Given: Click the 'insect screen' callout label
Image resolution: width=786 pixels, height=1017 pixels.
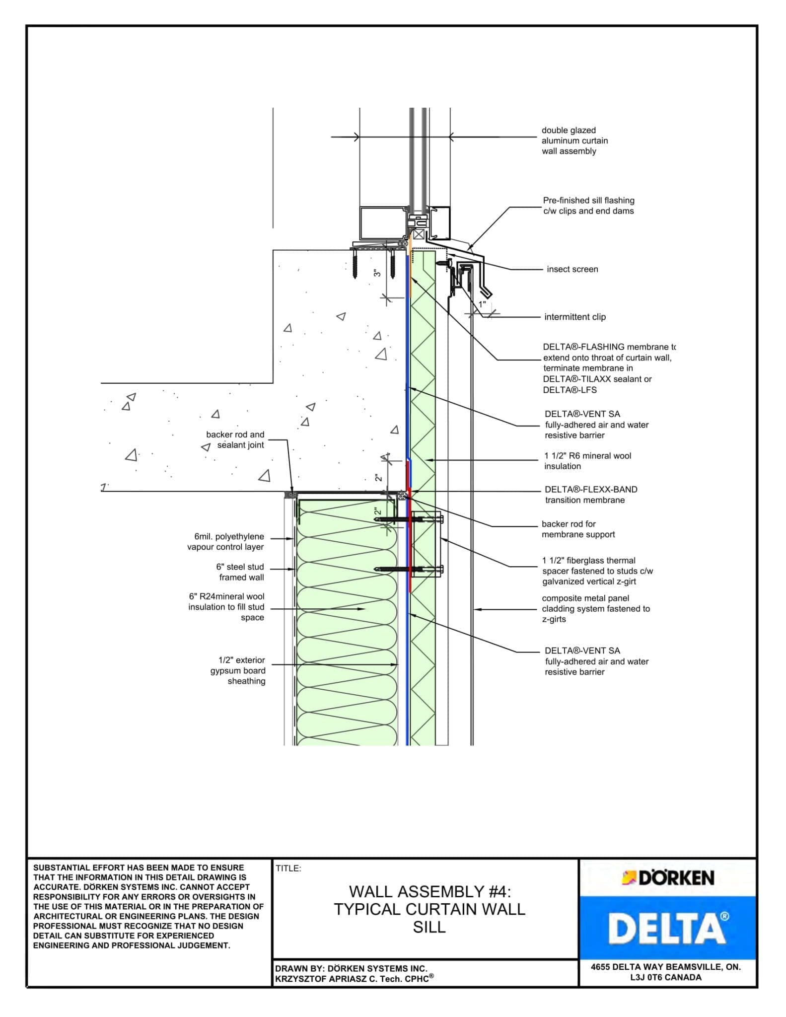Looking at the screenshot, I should (572, 269).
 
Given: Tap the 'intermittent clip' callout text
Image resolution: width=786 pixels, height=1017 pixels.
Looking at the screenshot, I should (574, 317).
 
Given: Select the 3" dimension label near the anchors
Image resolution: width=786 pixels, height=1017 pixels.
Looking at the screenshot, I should (377, 273).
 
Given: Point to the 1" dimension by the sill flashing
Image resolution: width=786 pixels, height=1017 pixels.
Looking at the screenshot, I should (482, 304).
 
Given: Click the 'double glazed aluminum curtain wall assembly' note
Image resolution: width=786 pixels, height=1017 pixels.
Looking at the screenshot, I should (574, 141).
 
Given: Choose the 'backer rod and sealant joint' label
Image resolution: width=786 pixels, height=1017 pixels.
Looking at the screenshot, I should (235, 439).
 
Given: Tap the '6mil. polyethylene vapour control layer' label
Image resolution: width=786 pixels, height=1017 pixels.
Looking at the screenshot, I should (226, 542).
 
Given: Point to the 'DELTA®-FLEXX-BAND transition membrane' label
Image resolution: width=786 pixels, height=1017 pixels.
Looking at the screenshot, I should (590, 495).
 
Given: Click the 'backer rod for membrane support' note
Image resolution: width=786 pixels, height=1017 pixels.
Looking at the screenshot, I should (578, 529).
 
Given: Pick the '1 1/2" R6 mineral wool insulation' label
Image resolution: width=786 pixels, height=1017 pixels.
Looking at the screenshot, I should (587, 461).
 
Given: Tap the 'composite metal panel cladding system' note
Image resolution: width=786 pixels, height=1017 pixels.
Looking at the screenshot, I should (595, 608).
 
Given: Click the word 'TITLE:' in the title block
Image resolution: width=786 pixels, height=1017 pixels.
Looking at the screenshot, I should (288, 869).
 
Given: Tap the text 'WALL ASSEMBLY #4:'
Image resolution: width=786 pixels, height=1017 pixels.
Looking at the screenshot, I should (429, 892).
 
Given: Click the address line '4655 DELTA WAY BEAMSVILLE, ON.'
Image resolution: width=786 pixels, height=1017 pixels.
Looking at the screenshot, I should (665, 967).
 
